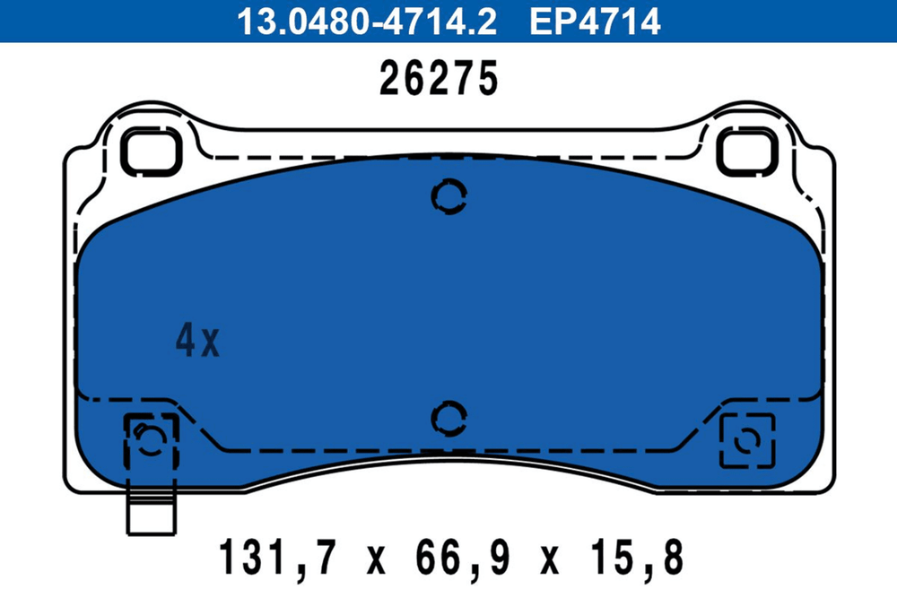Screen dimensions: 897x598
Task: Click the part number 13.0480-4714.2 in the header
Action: (367, 22)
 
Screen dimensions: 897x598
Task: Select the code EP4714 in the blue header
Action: (595, 22)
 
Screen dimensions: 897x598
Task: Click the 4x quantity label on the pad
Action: (197, 340)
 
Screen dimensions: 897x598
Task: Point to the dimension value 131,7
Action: (276, 558)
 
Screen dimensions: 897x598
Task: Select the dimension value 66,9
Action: (462, 558)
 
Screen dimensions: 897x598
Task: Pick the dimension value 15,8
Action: (637, 558)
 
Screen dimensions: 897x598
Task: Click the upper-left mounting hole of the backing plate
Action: (152, 152)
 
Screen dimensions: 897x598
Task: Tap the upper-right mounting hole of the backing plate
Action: (747, 152)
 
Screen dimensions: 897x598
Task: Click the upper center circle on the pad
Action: (449, 196)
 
